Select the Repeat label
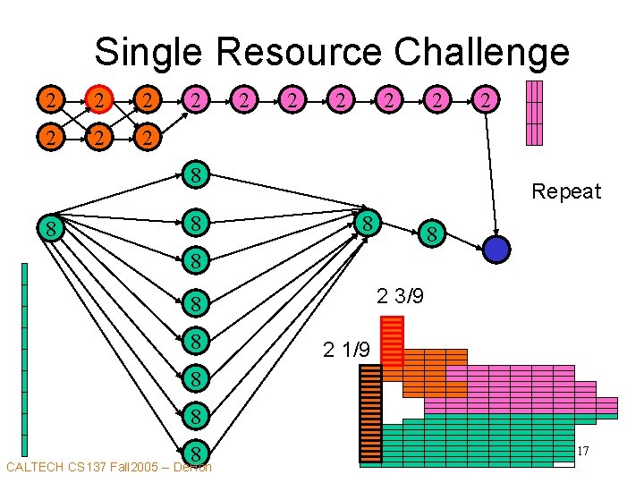pyautogui.click(x=566, y=191)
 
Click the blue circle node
pyautogui.click(x=496, y=249)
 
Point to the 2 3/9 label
pyautogui.click(x=400, y=296)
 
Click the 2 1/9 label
pyautogui.click(x=346, y=350)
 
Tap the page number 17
pyautogui.click(x=582, y=453)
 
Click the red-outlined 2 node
pyautogui.click(x=102, y=100)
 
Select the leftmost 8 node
pyautogui.click(x=53, y=229)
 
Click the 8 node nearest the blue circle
pyautogui.click(x=432, y=236)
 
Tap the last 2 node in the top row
pyautogui.click(x=484, y=100)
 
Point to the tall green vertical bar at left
pyautogui.click(x=24, y=358)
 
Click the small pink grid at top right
pyautogui.click(x=534, y=113)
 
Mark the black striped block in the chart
pyautogui.click(x=370, y=415)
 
